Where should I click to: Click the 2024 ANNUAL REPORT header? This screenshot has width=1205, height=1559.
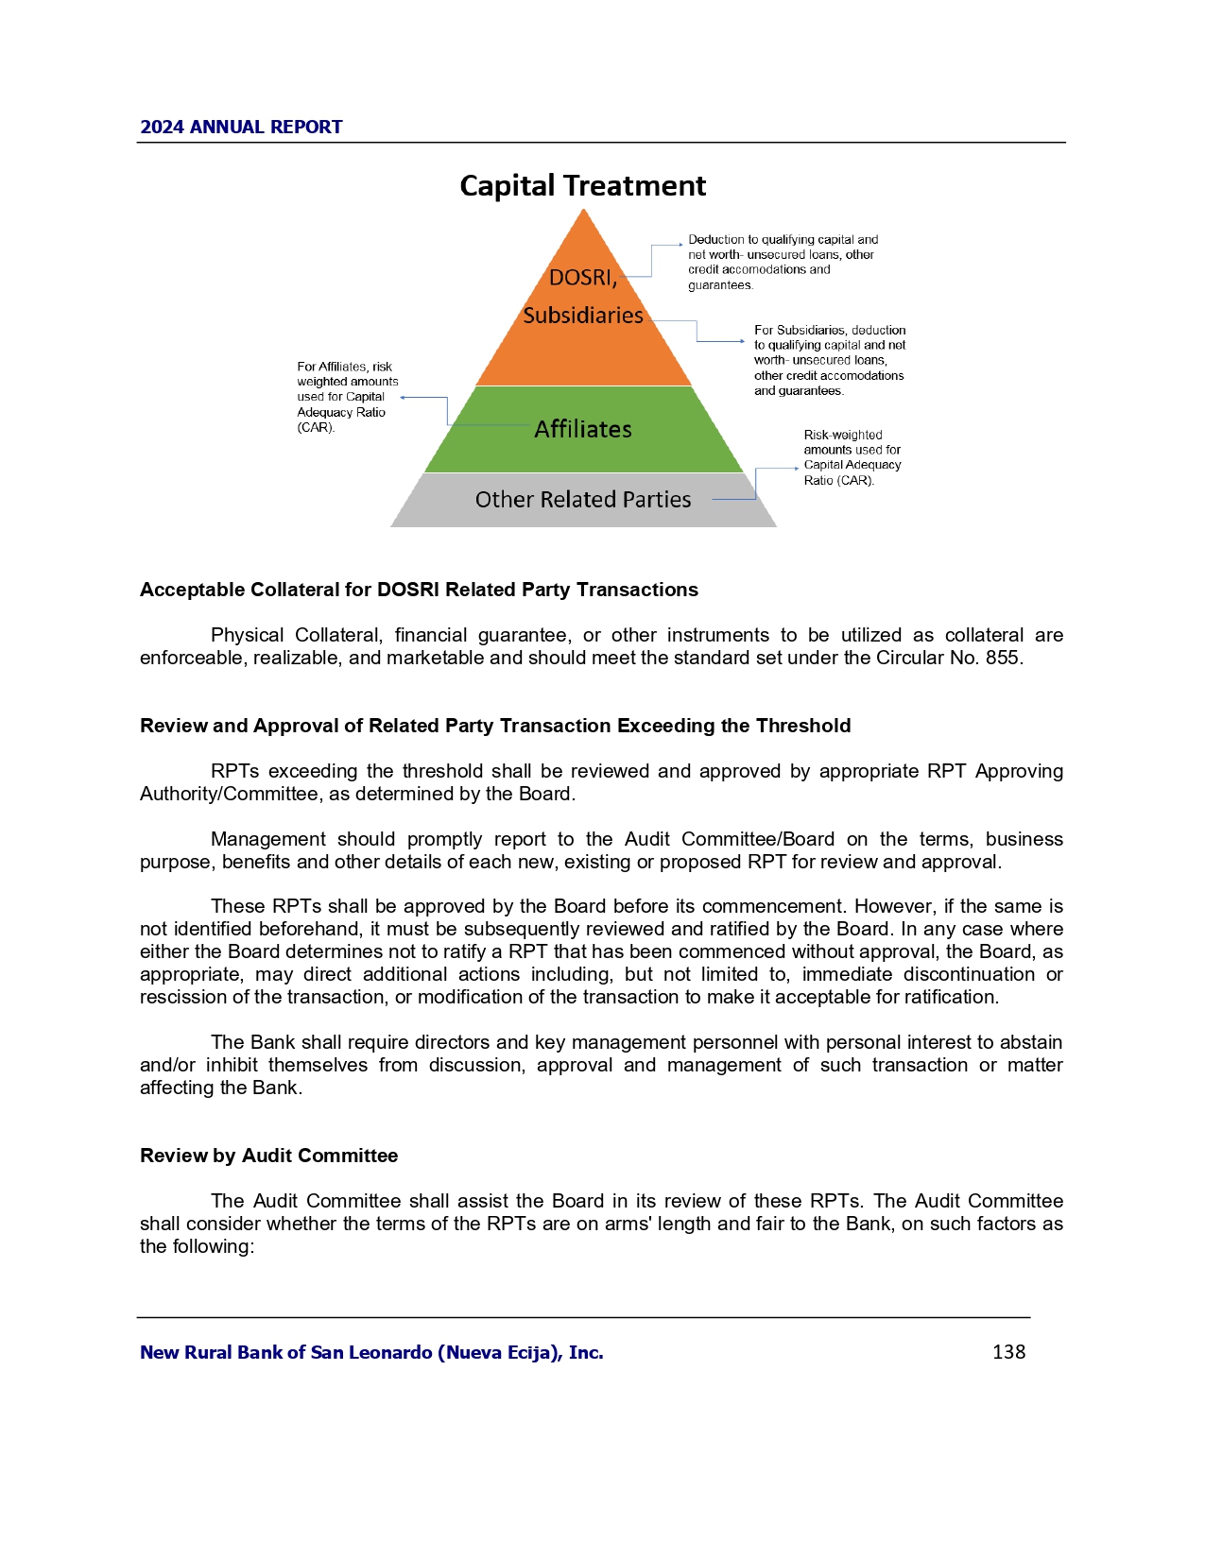(x=241, y=128)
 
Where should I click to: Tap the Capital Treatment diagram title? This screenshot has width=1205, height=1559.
(x=582, y=186)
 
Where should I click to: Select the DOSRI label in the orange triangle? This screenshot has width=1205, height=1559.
(x=582, y=278)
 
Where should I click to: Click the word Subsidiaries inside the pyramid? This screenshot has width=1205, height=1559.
(x=583, y=316)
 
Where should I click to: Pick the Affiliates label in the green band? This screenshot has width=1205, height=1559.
(x=583, y=430)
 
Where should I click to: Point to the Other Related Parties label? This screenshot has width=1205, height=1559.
(x=583, y=500)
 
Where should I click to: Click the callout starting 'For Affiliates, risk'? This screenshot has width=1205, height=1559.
(x=347, y=397)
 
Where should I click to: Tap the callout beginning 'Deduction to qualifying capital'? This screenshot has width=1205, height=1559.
(x=783, y=262)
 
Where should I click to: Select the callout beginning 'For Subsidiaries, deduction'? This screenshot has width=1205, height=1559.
(x=829, y=360)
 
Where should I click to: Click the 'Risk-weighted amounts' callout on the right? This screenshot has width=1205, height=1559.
(x=852, y=457)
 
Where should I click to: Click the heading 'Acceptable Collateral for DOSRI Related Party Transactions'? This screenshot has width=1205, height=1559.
(x=419, y=591)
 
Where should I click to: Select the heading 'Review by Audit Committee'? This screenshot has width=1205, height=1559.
(x=268, y=1156)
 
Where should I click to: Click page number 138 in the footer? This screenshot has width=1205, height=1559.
(x=1008, y=1352)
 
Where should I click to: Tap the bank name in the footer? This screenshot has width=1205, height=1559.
(x=371, y=1353)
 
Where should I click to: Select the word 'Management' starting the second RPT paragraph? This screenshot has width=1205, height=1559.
(x=268, y=840)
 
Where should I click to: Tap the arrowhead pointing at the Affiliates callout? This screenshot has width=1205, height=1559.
(x=405, y=398)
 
